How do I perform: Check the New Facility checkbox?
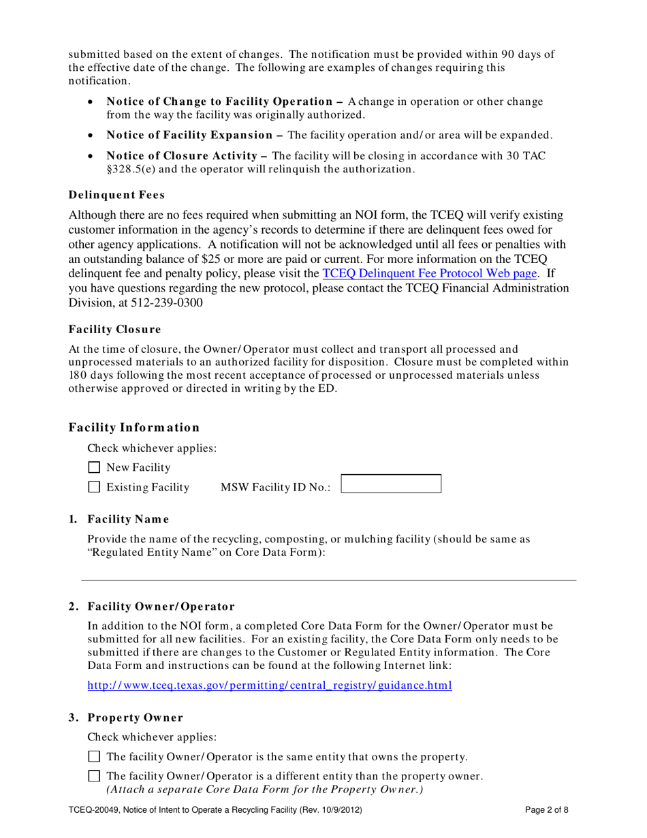(x=95, y=467)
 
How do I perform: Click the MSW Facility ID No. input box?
(x=391, y=484)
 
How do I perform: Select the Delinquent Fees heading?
(x=116, y=195)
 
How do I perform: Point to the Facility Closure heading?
(x=115, y=330)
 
